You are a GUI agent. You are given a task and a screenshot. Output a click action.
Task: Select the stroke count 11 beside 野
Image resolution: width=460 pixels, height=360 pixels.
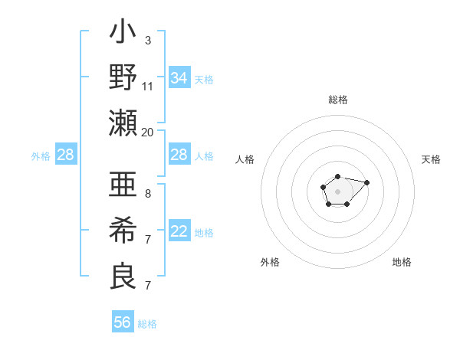coord(148,85)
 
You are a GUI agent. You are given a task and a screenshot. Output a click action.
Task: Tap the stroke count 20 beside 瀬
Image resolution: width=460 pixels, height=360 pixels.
coord(148,131)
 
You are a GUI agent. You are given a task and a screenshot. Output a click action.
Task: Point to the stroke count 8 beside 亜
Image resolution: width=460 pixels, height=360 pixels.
coord(148,194)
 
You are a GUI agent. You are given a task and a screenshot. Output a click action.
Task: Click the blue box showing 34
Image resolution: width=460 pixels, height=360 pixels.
coord(179,78)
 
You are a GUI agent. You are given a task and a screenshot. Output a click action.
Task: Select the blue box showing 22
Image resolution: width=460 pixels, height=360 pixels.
coord(179,232)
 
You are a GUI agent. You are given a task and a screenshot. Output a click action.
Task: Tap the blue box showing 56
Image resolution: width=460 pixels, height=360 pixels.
coord(123,322)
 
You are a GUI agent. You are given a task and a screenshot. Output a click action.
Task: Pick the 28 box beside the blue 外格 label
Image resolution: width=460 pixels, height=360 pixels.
coord(66,155)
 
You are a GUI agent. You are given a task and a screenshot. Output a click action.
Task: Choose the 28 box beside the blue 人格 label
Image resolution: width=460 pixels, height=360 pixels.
coord(179,155)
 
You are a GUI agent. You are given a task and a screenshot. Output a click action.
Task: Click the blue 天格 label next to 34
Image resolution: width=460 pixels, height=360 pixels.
coord(204,80)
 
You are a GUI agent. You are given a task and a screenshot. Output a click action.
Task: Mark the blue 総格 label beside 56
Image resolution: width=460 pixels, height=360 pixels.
coord(147,324)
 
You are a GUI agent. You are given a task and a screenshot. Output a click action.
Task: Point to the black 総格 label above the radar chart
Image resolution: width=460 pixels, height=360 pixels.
coord(338,100)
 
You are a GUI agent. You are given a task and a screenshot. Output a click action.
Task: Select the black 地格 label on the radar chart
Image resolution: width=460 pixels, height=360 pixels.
coord(402,262)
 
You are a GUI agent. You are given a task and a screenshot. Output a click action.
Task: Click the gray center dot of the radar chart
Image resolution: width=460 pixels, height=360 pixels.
coord(337,191)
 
